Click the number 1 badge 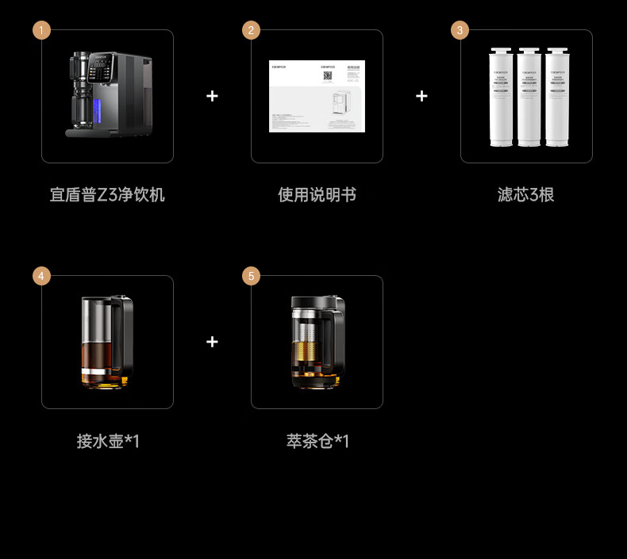click(x=41, y=30)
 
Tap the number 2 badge click(x=251, y=30)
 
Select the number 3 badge click(x=460, y=30)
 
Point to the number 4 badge click(x=41, y=276)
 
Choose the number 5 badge click(x=251, y=276)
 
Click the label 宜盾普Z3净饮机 click(x=107, y=194)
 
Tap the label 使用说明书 click(x=317, y=194)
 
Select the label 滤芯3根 click(x=525, y=194)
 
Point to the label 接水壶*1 click(x=107, y=441)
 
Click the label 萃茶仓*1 click(x=317, y=441)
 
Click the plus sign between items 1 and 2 click(x=212, y=96)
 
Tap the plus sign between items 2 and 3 click(x=421, y=96)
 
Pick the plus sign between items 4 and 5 click(x=212, y=342)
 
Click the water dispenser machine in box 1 click(x=108, y=95)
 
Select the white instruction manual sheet click(x=317, y=96)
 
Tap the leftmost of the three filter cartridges click(x=502, y=97)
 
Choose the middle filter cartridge click(x=529, y=97)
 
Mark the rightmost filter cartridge click(x=556, y=97)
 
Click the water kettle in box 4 click(x=106, y=343)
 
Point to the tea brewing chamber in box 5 click(x=317, y=343)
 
